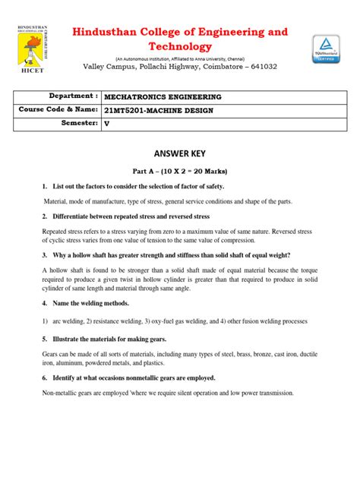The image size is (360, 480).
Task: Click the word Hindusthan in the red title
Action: pyautogui.click(x=111, y=33)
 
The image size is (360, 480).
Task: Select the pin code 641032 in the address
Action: pyautogui.click(x=261, y=67)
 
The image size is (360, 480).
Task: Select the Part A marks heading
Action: pyautogui.click(x=180, y=171)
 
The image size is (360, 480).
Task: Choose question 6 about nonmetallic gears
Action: pyautogui.click(x=134, y=377)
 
